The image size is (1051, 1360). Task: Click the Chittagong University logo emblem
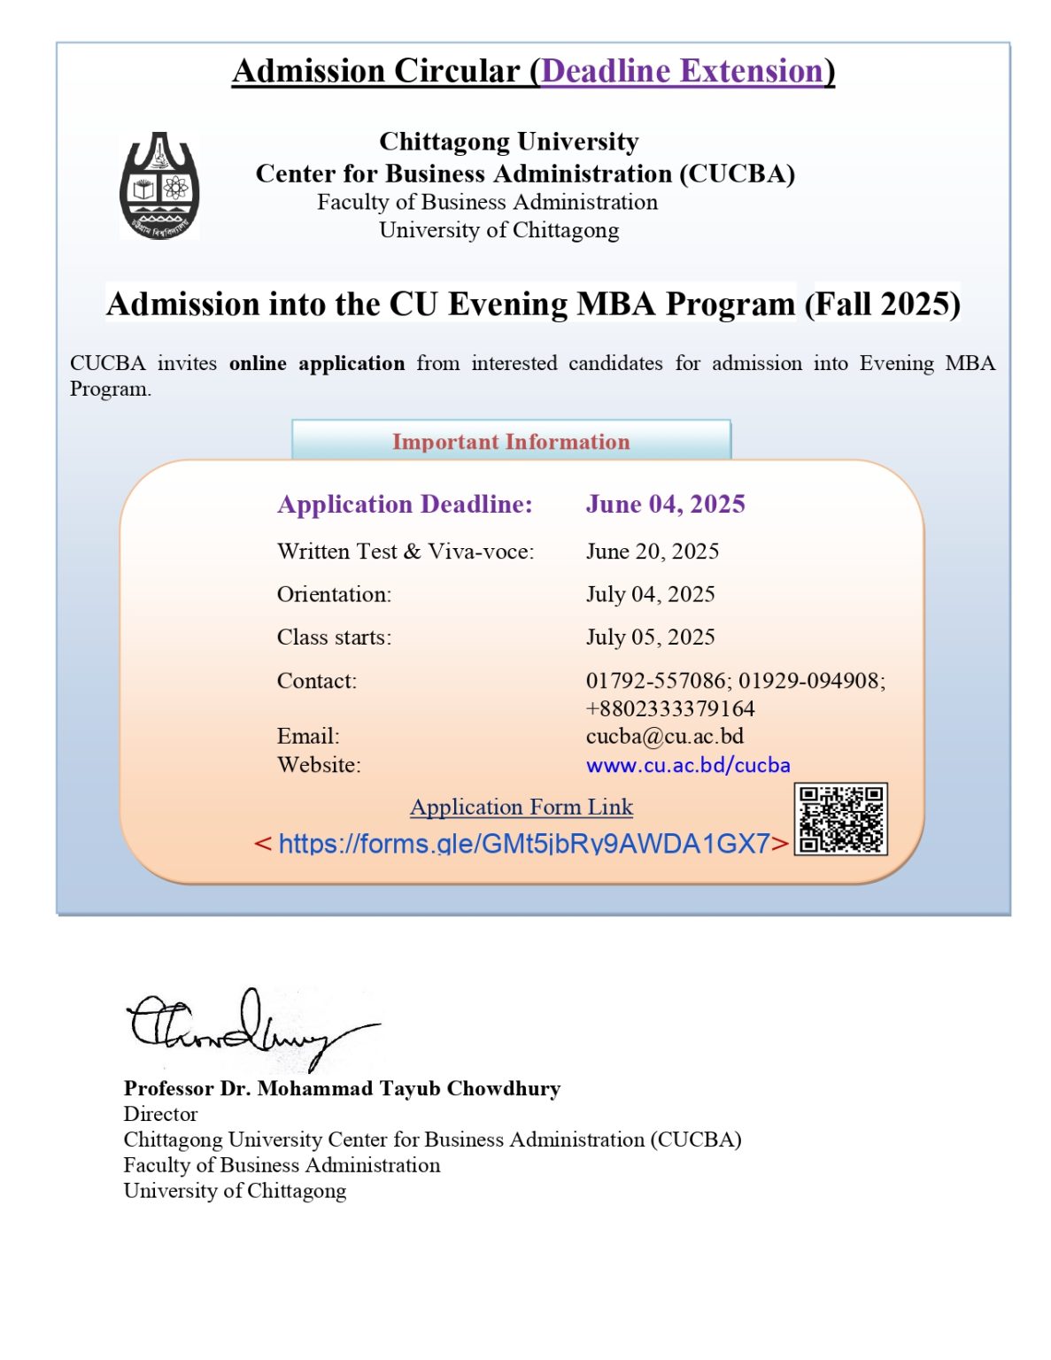[x=159, y=185]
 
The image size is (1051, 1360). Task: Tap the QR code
[x=840, y=819]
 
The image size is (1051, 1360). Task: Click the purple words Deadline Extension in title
[x=683, y=71]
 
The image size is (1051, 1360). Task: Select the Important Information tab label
[x=511, y=441]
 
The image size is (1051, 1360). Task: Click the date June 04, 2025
[x=665, y=504]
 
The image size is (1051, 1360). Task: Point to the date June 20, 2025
[x=652, y=551]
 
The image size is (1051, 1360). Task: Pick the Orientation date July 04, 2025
[x=650, y=594]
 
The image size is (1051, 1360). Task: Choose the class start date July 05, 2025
[x=650, y=637]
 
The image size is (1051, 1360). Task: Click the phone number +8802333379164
[x=669, y=708]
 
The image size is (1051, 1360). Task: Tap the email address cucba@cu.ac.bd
[x=664, y=736]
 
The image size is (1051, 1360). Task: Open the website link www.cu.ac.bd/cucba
[x=687, y=765]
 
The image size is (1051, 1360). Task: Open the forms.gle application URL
[x=523, y=843]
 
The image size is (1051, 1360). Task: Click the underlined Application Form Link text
[x=521, y=807]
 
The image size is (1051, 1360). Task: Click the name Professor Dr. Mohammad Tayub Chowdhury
[x=342, y=1088]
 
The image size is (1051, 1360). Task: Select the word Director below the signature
[x=160, y=1114]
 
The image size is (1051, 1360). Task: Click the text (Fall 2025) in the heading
[x=882, y=304]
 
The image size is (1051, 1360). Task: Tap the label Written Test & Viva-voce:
[x=405, y=551]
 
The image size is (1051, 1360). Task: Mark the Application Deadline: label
[x=405, y=504]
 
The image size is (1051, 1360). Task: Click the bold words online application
[x=316, y=363]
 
